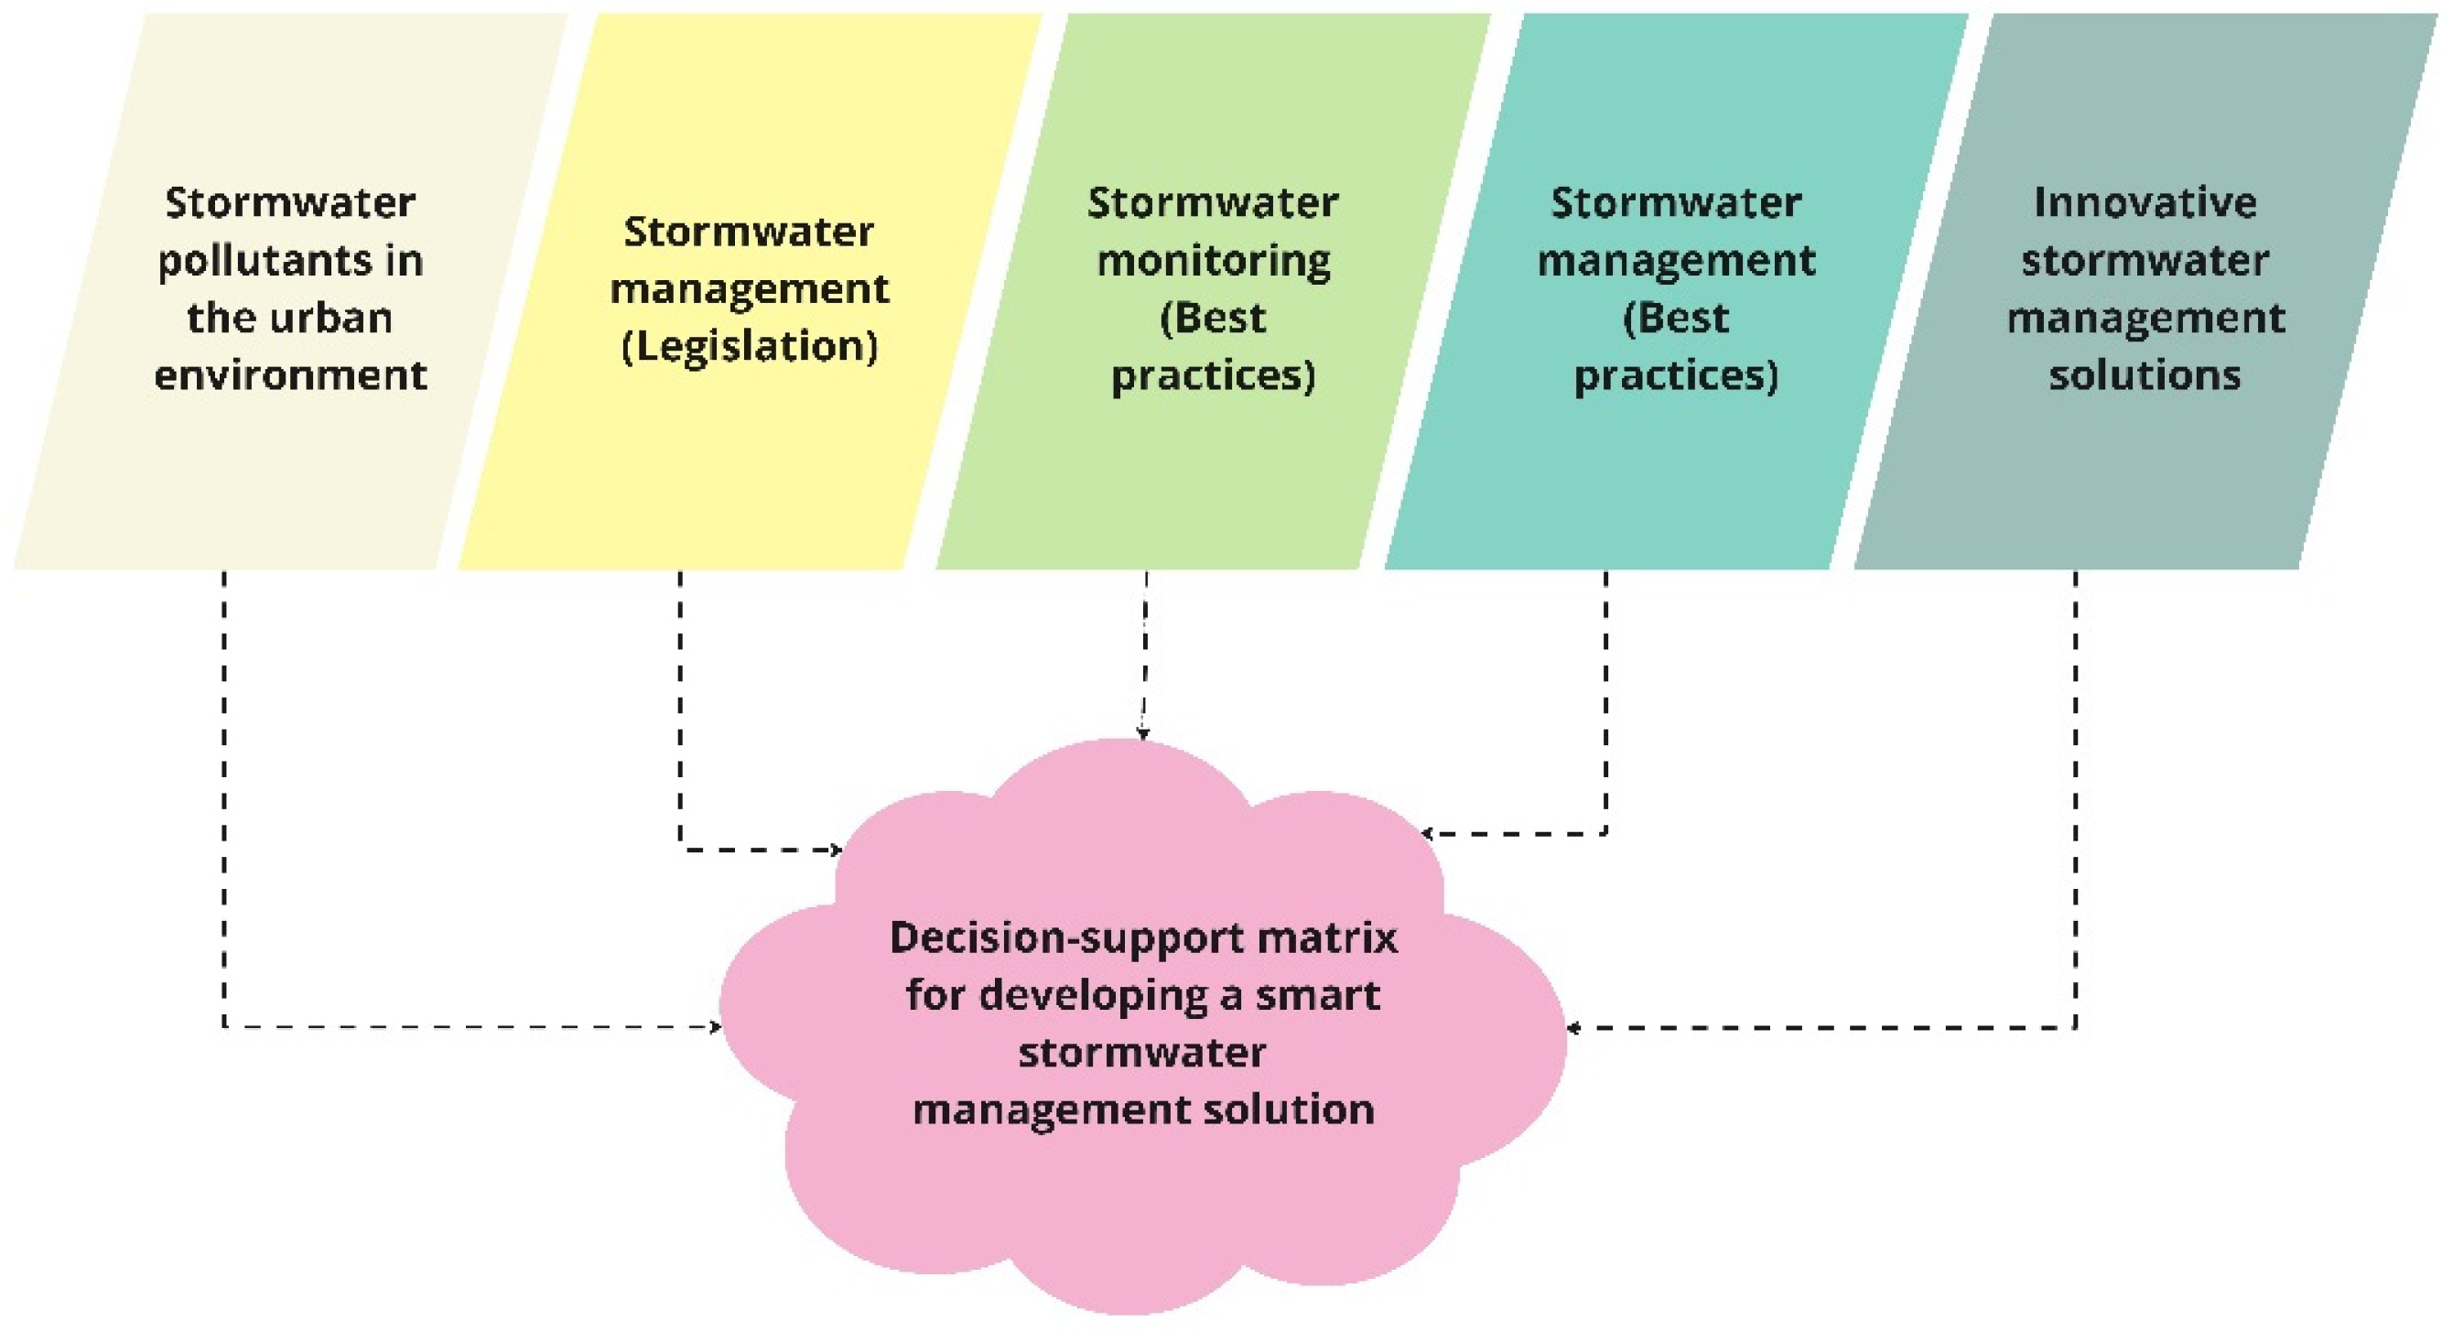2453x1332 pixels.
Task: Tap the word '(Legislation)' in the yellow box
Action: coord(750,347)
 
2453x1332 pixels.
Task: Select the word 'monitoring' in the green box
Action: coord(1213,261)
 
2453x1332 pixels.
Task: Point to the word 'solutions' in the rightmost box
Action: coord(2145,375)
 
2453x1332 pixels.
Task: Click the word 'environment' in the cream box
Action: coord(290,375)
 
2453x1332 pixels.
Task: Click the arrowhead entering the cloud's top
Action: coord(1143,734)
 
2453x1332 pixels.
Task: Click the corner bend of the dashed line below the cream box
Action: coord(225,1027)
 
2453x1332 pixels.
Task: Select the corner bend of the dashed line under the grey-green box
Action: coord(2075,1028)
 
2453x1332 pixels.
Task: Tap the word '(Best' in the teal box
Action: coord(1676,318)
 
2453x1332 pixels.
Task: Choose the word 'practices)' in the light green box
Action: coord(1213,375)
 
